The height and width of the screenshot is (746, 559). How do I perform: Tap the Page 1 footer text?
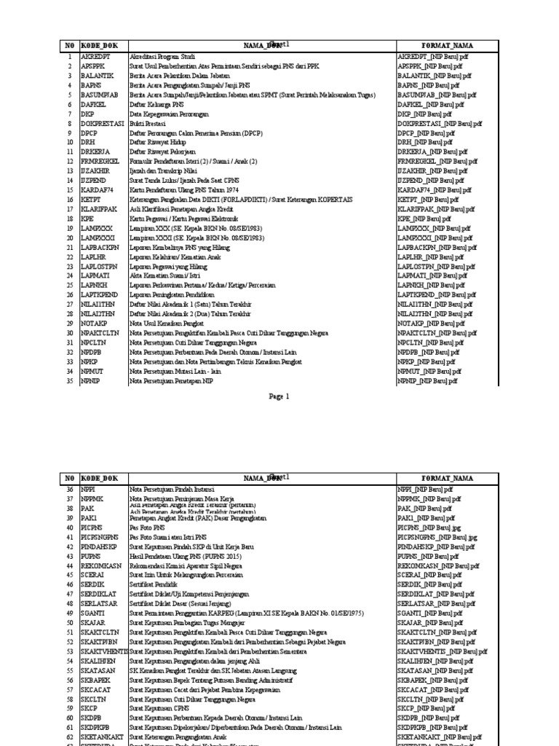tap(279, 396)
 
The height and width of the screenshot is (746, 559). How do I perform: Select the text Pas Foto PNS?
tap(148, 527)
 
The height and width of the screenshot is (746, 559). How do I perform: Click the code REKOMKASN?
tap(100, 565)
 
